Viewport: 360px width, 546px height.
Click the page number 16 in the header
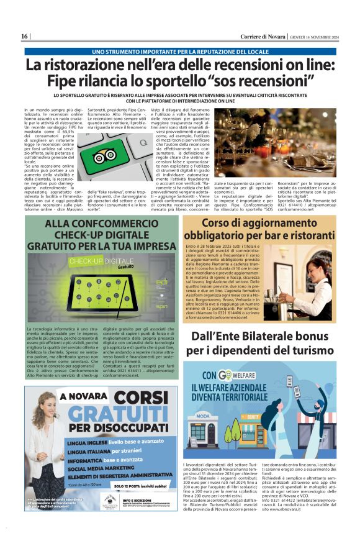pos(25,36)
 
